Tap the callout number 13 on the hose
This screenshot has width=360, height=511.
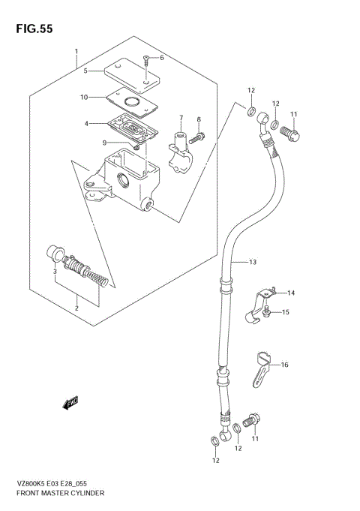[253, 261]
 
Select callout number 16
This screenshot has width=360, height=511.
[284, 365]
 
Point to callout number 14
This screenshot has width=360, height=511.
[290, 293]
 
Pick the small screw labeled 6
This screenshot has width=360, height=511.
[147, 60]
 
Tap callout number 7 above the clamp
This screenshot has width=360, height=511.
[181, 118]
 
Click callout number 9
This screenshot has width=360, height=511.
[106, 143]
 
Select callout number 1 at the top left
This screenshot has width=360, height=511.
[76, 53]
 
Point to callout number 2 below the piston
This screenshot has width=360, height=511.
[76, 307]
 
